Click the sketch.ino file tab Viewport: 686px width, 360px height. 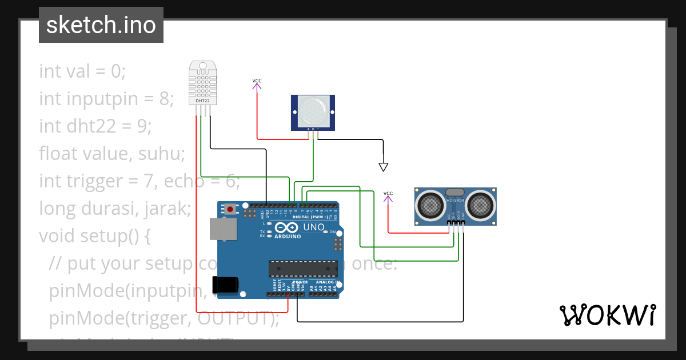(101, 25)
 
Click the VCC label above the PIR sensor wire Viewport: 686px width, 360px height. (257, 81)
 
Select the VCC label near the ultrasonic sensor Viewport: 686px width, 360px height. (388, 194)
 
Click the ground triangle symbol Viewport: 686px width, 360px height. (384, 167)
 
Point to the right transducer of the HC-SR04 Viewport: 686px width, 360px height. (481, 204)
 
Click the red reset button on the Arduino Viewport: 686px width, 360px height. (230, 209)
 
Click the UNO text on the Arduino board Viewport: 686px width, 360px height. (313, 227)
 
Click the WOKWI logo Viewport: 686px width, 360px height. (607, 315)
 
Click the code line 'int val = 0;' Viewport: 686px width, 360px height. (82, 71)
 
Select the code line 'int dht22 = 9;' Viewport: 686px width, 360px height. (95, 126)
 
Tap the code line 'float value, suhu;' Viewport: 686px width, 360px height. (112, 154)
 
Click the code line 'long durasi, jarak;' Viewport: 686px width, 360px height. (114, 209)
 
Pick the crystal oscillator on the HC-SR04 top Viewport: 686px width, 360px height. (455, 193)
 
